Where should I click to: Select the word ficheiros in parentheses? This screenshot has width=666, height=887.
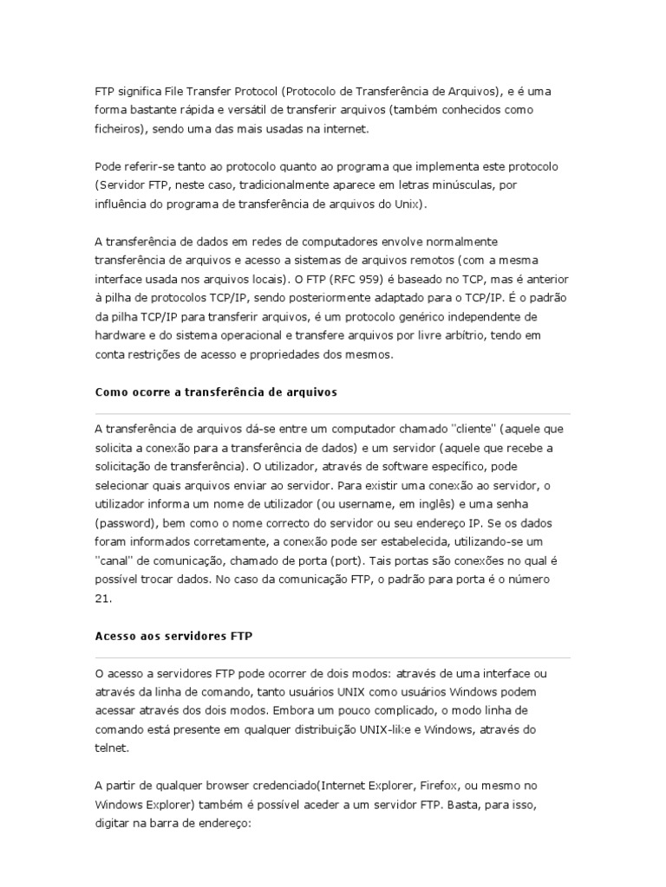tap(120, 129)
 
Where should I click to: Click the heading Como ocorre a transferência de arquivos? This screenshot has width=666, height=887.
tap(215, 392)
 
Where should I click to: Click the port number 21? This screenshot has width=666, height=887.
tap(101, 599)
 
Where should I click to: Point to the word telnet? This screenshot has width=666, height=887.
tap(111, 748)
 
